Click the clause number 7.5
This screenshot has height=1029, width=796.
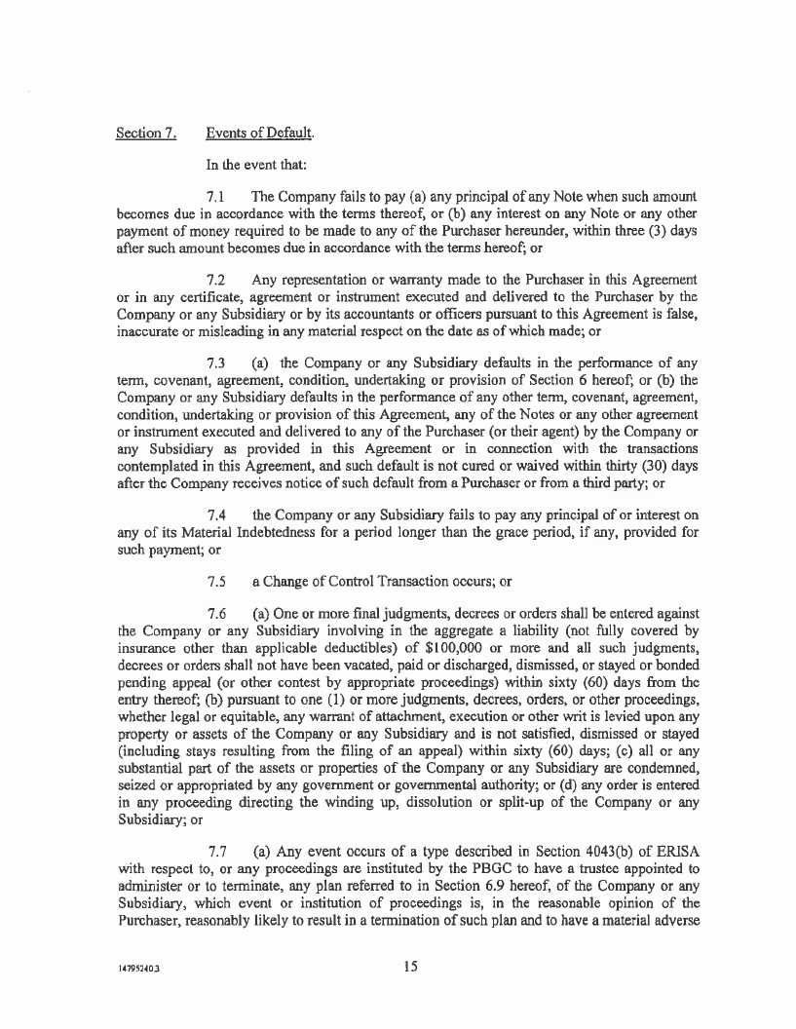point(217,582)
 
